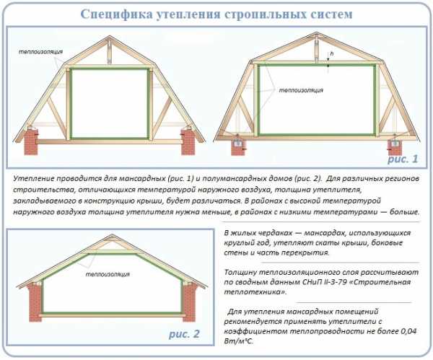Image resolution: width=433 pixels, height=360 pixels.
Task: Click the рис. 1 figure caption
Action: pos(403,159)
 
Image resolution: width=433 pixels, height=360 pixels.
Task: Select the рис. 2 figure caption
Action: pos(184,334)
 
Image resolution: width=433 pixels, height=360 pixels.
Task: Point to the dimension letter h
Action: pos(332,53)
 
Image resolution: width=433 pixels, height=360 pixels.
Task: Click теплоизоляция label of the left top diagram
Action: pos(40,52)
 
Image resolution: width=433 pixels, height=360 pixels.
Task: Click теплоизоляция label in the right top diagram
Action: pos(301,90)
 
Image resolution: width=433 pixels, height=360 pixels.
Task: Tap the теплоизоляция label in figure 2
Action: pos(108,274)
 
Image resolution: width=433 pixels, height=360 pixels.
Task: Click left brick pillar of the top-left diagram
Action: pos(30,142)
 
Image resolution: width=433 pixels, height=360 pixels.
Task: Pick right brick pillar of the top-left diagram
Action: pos(188,142)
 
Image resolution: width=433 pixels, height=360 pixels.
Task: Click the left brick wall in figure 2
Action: pos(35,302)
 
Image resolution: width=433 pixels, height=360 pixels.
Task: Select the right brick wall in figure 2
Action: pos(189,302)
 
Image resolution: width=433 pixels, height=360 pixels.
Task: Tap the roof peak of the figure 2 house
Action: pos(112,234)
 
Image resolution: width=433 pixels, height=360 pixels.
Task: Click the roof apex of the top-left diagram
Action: pos(110,36)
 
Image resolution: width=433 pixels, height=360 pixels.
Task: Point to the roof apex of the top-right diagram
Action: pos(316,33)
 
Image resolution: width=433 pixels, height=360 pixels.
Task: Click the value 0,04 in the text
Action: pos(408,331)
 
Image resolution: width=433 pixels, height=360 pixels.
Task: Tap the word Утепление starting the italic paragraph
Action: pos(34,179)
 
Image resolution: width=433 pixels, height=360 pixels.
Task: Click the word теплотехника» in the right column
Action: pos(255,292)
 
